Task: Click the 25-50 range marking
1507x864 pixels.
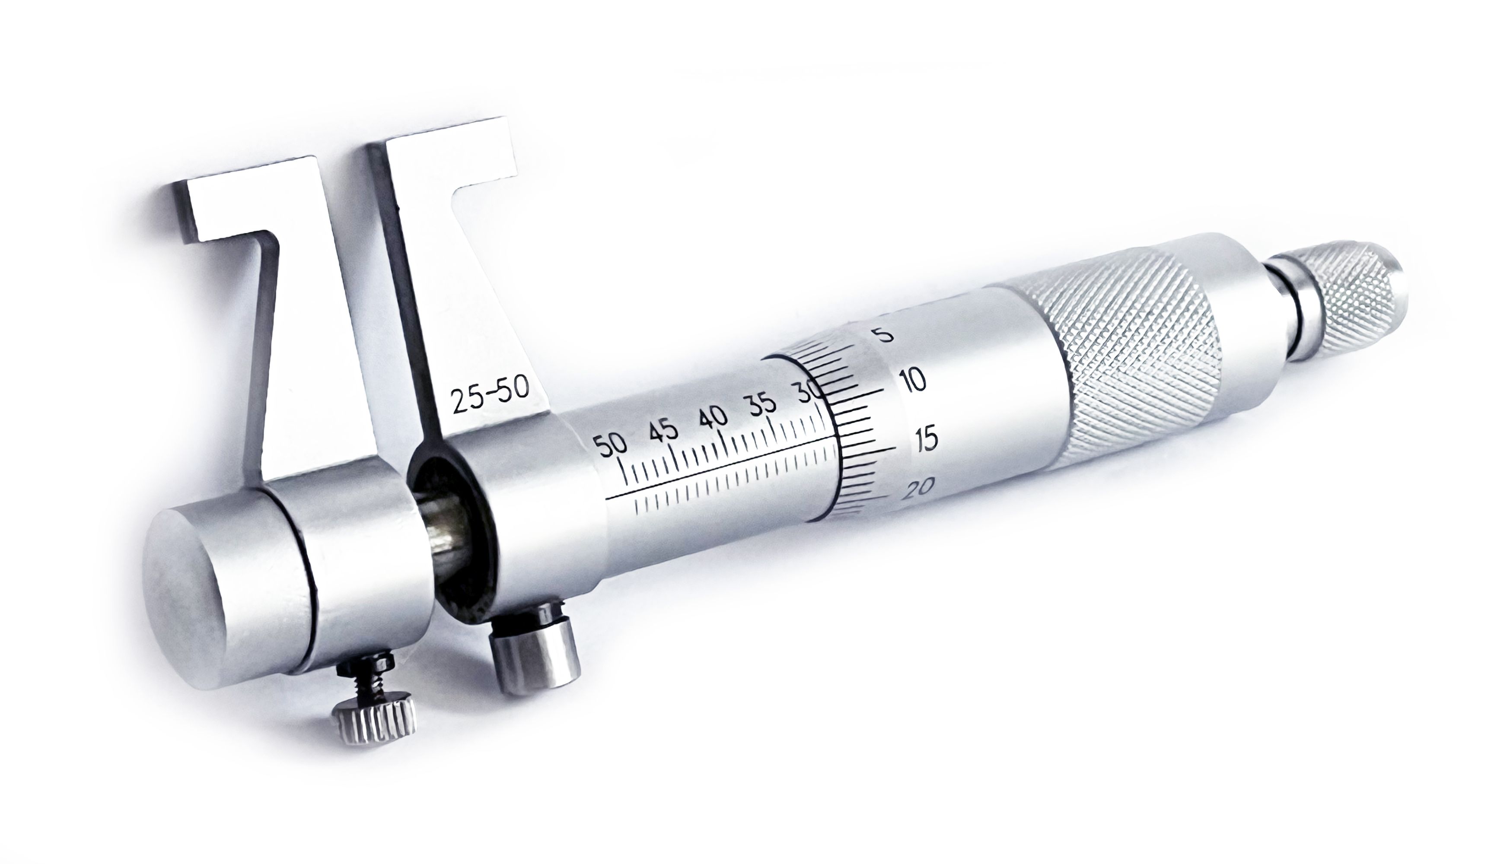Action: click(x=490, y=394)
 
